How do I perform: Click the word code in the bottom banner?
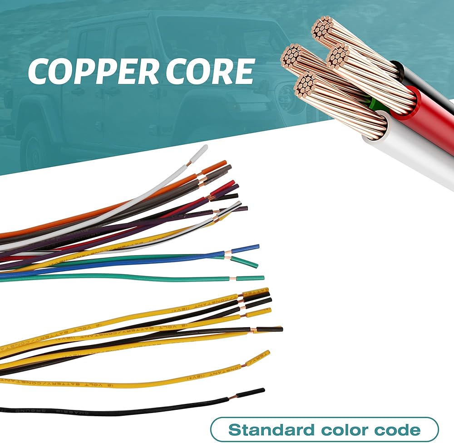point(398,429)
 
